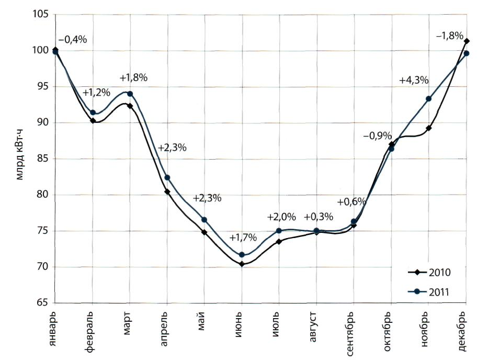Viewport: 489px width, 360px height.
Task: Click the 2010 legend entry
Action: [x=429, y=273]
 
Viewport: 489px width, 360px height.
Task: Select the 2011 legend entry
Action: [x=429, y=292]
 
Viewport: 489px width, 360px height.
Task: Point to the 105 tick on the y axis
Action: [x=41, y=14]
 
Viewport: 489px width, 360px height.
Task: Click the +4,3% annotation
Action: [x=414, y=81]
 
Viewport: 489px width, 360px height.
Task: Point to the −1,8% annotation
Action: [x=449, y=36]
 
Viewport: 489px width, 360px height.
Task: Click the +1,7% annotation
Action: [x=243, y=237]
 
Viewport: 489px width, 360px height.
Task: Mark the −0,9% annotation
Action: [x=378, y=136]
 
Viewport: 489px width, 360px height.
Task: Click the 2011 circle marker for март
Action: [x=130, y=94]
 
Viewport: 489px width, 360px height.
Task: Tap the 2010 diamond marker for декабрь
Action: [x=467, y=41]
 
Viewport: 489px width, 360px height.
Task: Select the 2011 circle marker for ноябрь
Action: [x=429, y=99]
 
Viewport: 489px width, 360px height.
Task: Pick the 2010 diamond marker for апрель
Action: [x=167, y=192]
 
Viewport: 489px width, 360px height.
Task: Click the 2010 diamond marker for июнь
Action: [x=242, y=264]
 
